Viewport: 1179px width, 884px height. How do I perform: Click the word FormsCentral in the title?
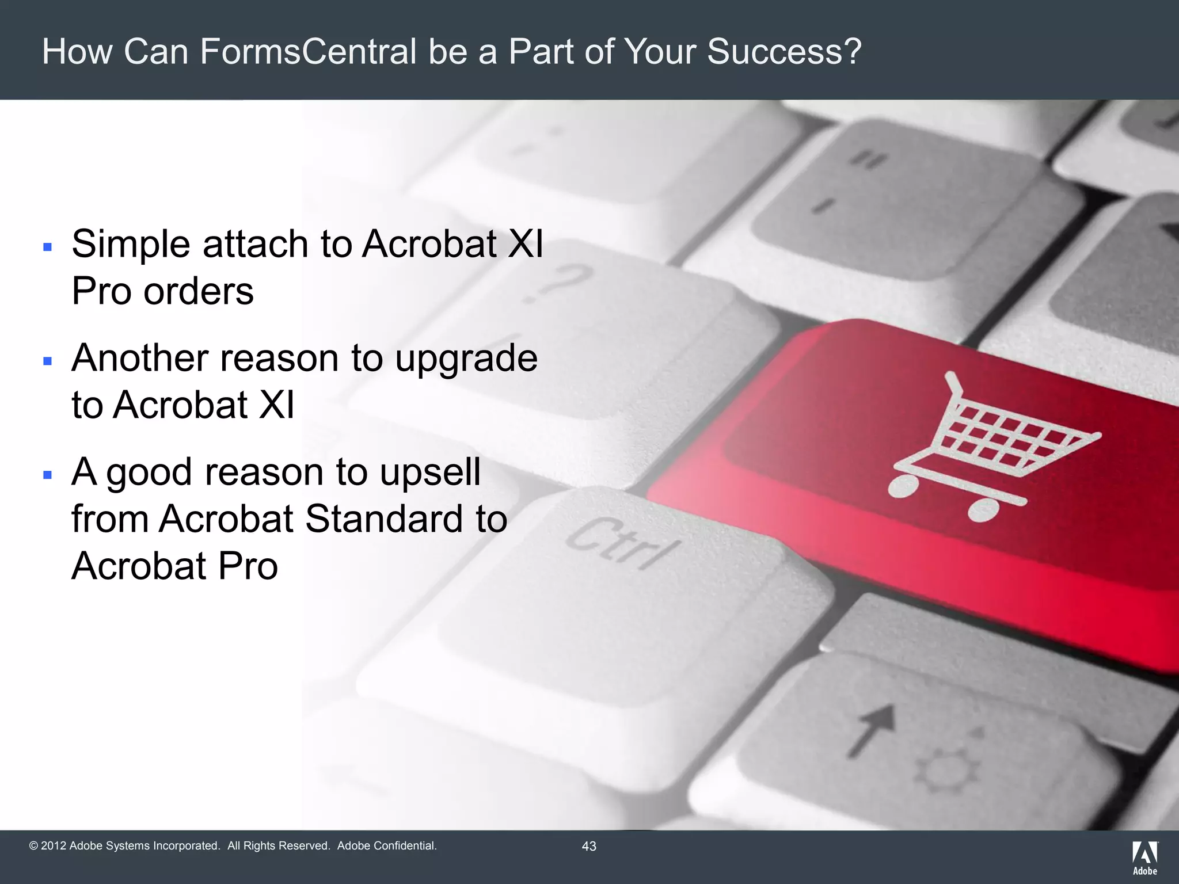pyautogui.click(x=308, y=51)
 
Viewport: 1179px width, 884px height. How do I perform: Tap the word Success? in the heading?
pyautogui.click(x=784, y=51)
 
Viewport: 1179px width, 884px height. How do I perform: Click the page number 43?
pyautogui.click(x=589, y=846)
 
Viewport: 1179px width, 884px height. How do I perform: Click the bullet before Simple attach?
pyautogui.click(x=48, y=247)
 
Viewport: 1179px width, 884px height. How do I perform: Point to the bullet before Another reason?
pyautogui.click(x=48, y=361)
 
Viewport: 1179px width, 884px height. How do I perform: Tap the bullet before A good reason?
pyautogui.click(x=48, y=475)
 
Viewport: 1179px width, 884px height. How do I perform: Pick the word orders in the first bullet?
pyautogui.click(x=198, y=291)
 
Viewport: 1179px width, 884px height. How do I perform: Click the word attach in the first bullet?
pyautogui.click(x=256, y=244)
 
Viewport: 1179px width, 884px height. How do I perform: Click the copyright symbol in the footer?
pyautogui.click(x=33, y=846)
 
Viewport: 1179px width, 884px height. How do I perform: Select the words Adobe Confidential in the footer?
pyautogui.click(x=386, y=846)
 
